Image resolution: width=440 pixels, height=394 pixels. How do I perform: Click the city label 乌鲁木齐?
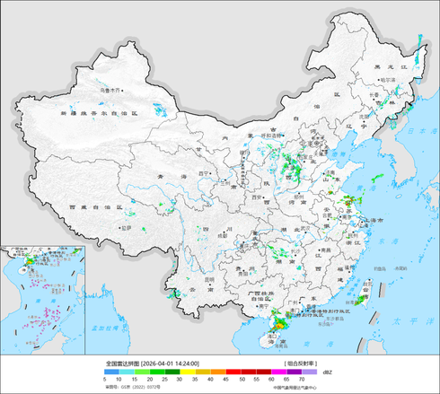[110, 90]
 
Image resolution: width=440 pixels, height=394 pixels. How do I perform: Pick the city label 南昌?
[313, 248]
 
